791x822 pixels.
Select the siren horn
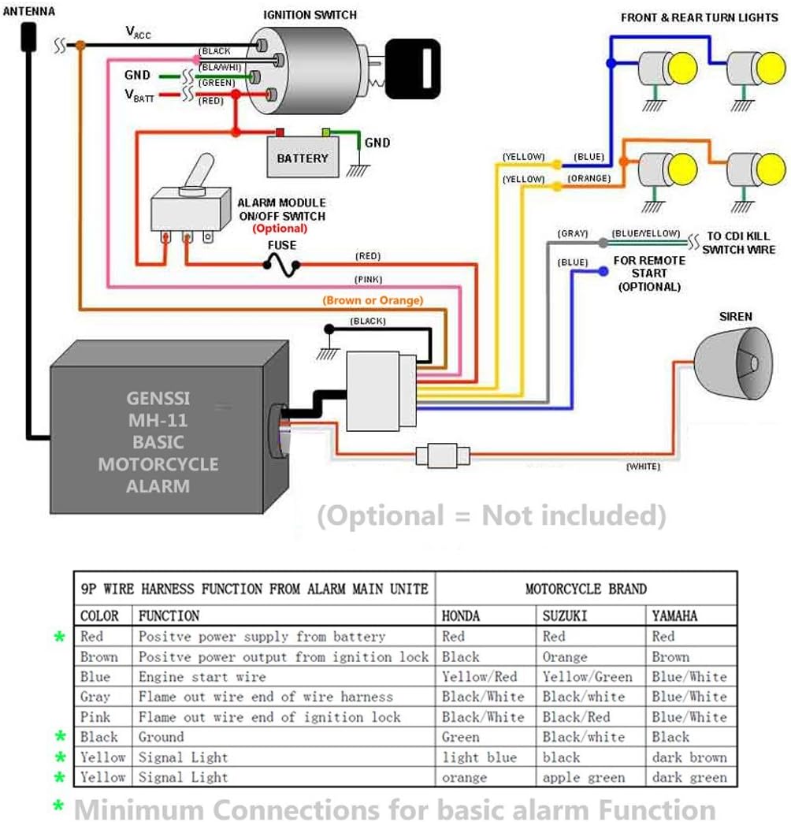pos(733,362)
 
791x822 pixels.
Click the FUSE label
pos(281,245)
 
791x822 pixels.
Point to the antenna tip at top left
pos(29,35)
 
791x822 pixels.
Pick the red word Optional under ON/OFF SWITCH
pos(280,229)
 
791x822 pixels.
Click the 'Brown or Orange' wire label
pos(373,300)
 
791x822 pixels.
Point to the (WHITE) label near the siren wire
pos(643,467)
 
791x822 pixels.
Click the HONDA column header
pos(461,616)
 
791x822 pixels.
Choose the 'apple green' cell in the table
pos(583,778)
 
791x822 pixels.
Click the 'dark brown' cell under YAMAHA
pos(689,757)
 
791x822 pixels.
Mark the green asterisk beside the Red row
pos(59,637)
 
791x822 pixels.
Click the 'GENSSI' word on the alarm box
pos(158,399)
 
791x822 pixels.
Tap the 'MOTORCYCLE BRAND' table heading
pos(585,589)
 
